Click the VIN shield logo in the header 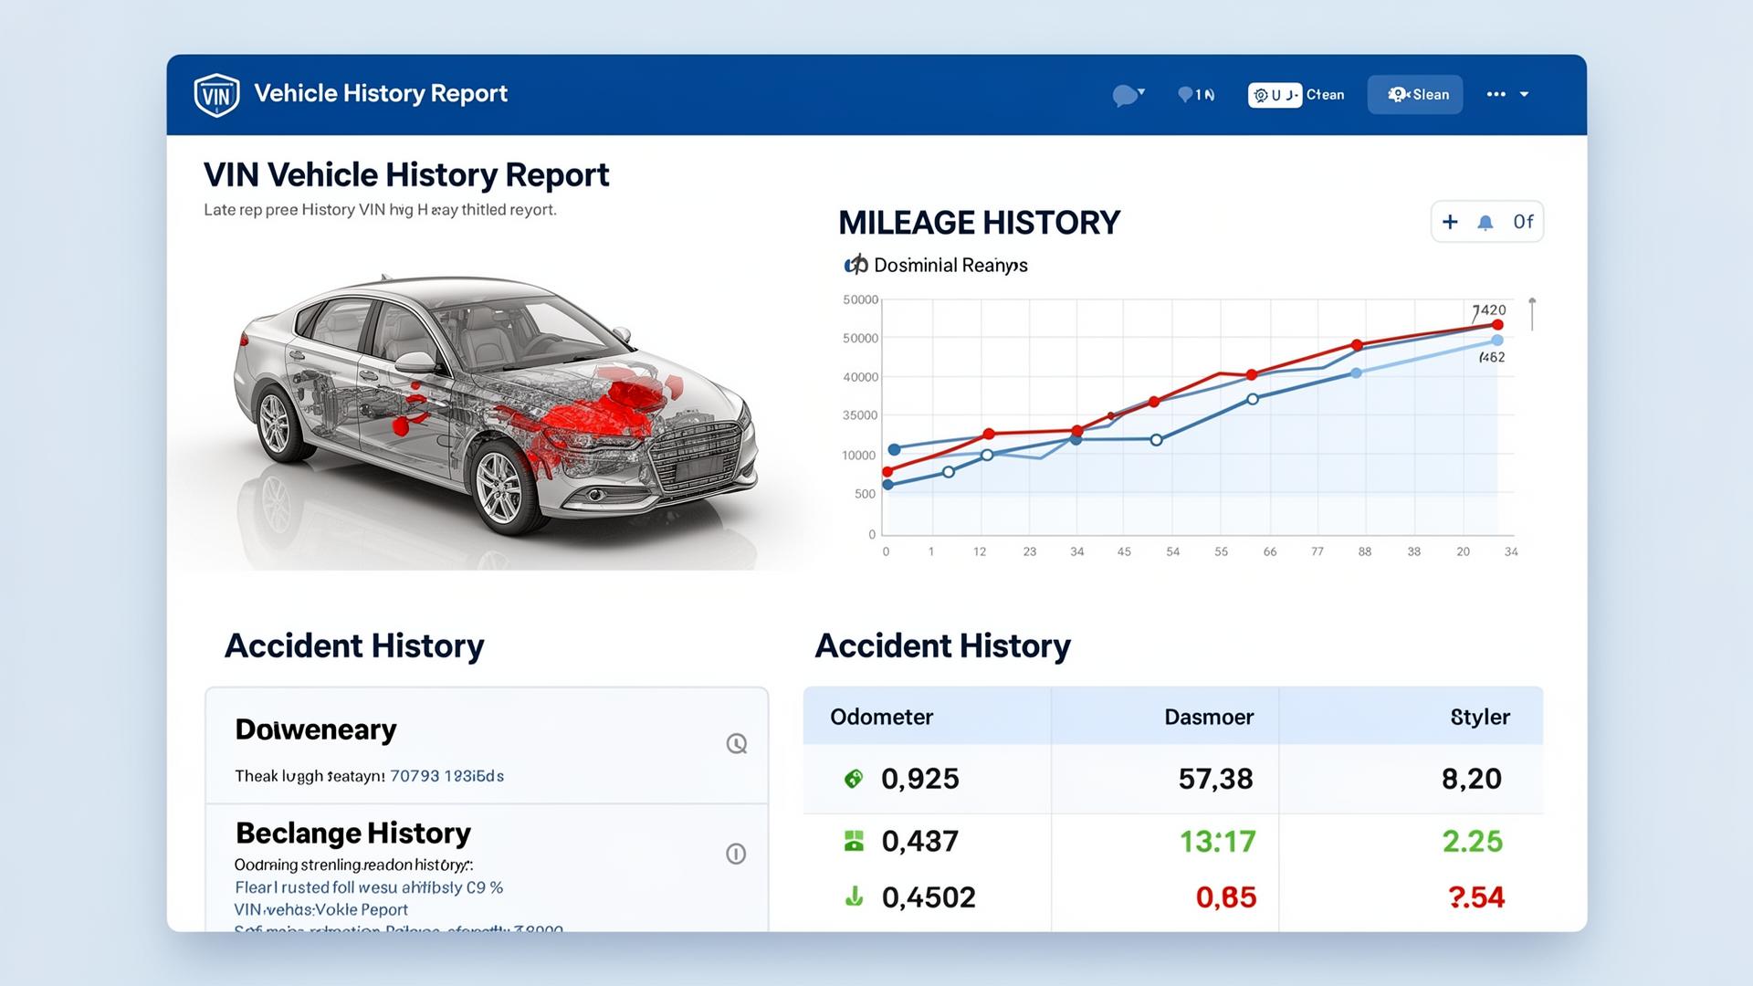tap(216, 95)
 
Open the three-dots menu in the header tap(1496, 94)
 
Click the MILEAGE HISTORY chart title tap(979, 223)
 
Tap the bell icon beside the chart tap(1485, 223)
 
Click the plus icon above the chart tap(1450, 222)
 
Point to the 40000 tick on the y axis tap(860, 377)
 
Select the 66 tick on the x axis tap(1269, 551)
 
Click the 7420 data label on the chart tap(1489, 310)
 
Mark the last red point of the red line tap(1497, 325)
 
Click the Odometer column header tap(881, 717)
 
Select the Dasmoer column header tap(1208, 717)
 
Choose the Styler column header tap(1479, 717)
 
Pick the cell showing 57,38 tap(1215, 779)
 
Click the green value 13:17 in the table tap(1217, 841)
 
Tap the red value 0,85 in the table tap(1225, 897)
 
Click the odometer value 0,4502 tap(929, 897)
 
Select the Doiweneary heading tap(316, 729)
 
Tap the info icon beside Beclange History tap(736, 854)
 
